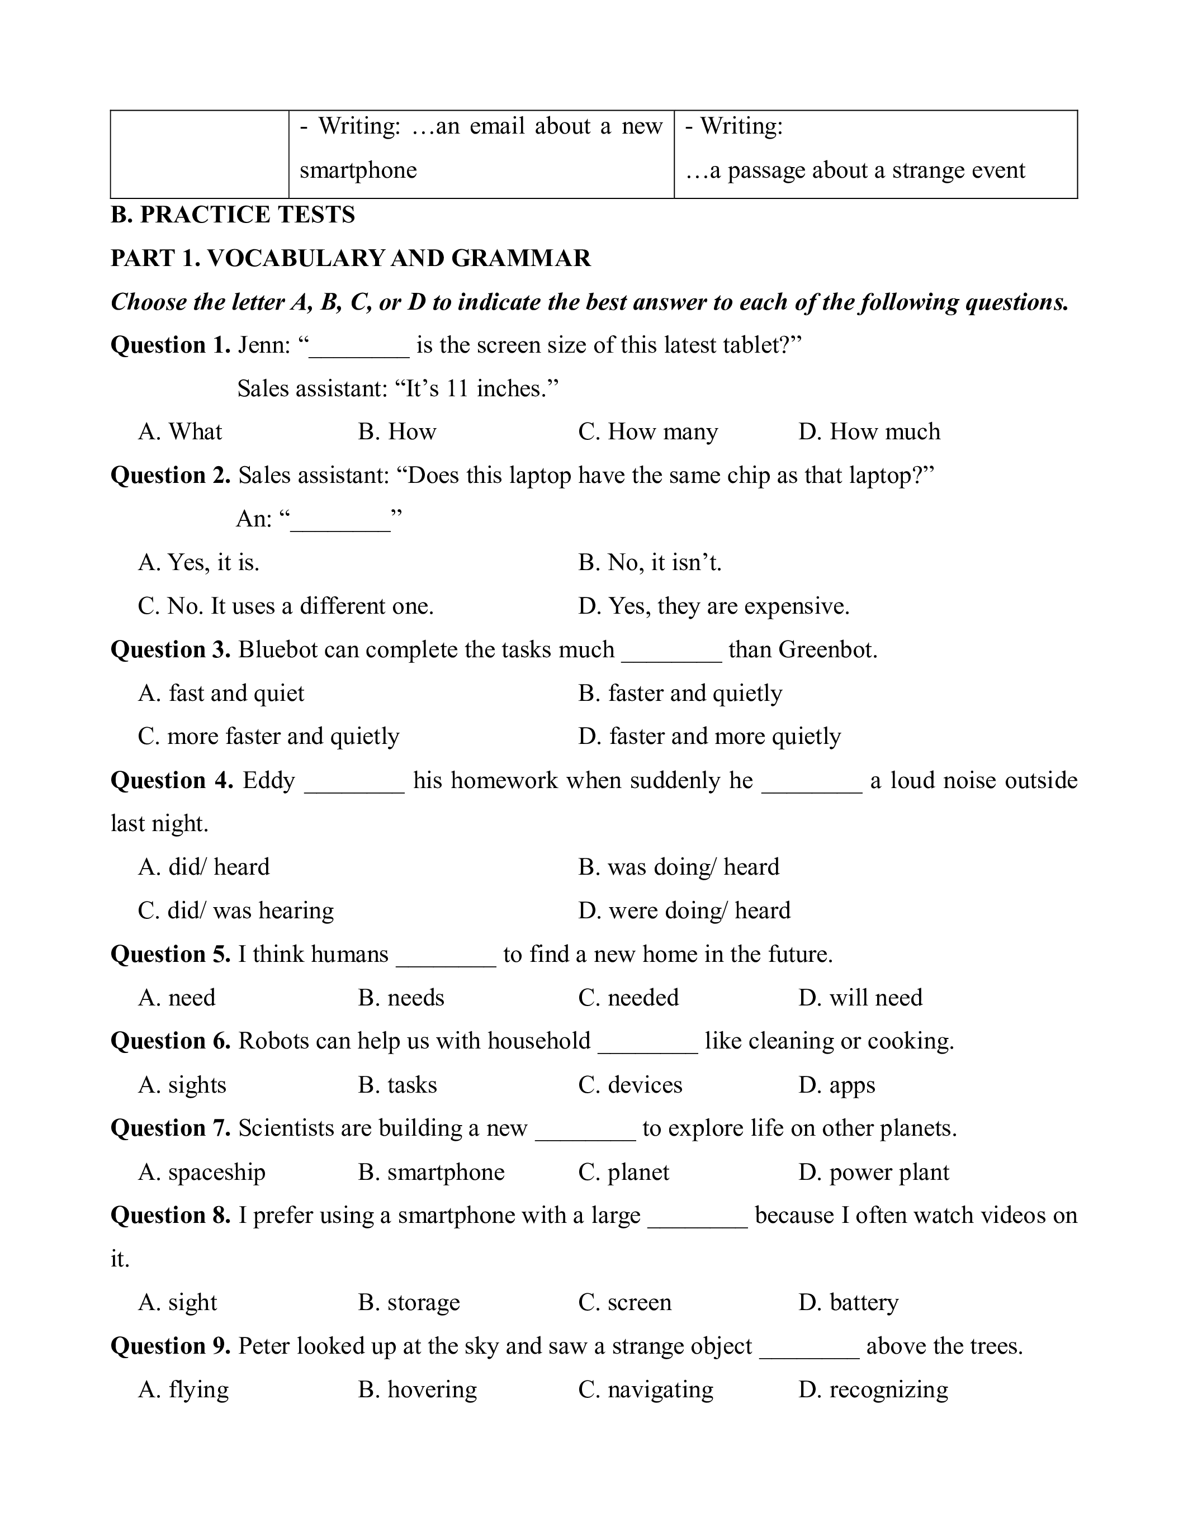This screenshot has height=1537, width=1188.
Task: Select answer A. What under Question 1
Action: point(180,431)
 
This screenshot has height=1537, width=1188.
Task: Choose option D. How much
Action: point(869,431)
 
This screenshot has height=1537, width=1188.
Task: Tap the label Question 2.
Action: point(171,475)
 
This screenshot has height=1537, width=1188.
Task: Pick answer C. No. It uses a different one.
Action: point(286,606)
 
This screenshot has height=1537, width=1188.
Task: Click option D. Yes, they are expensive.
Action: point(714,606)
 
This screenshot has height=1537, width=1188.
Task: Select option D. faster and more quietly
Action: point(709,736)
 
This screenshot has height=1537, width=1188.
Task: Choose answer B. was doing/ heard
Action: point(679,867)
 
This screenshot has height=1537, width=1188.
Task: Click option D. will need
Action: point(860,997)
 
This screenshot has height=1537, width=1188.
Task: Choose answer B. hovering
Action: point(418,1389)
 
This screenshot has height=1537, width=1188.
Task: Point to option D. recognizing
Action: point(873,1389)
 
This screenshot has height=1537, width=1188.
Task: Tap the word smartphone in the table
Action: point(358,170)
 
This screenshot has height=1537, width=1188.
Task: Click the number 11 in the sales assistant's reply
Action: point(457,388)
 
